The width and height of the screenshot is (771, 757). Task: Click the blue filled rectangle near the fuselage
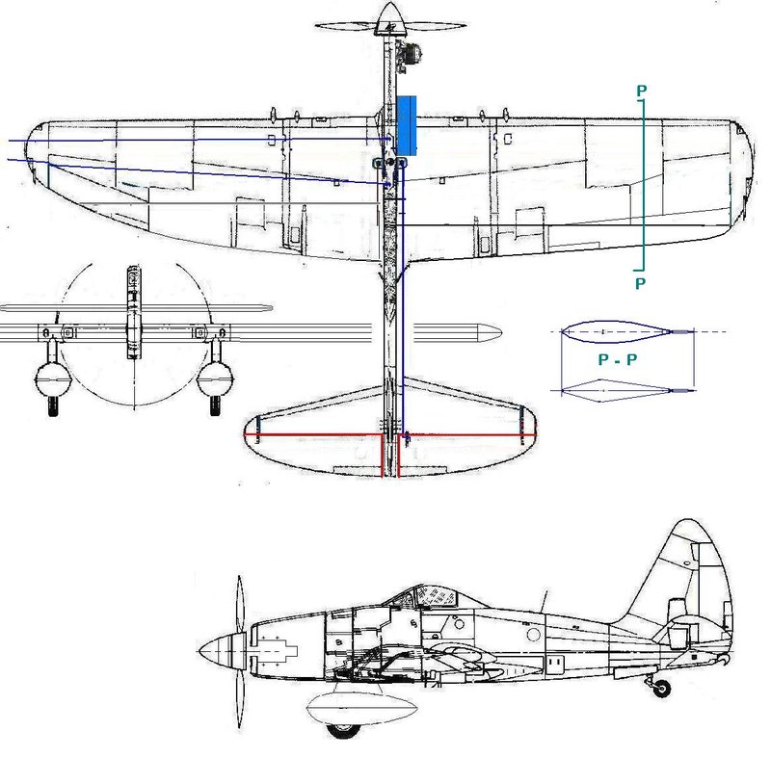406,126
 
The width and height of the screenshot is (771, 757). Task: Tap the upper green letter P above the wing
641,91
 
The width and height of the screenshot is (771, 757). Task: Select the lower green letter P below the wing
640,283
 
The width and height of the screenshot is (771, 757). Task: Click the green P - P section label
618,359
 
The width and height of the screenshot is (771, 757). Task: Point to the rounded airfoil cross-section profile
617,331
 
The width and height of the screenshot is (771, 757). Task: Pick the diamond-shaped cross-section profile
617,390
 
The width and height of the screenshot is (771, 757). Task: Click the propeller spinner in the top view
390,18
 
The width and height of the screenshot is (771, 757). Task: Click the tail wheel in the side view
662,689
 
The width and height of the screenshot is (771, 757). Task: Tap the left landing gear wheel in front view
53,405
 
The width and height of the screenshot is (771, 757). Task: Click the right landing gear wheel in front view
215,405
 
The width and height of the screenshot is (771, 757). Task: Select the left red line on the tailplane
314,434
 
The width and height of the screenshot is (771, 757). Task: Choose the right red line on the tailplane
466,435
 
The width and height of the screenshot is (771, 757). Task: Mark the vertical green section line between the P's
643,185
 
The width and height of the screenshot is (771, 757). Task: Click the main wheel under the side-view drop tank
342,730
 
